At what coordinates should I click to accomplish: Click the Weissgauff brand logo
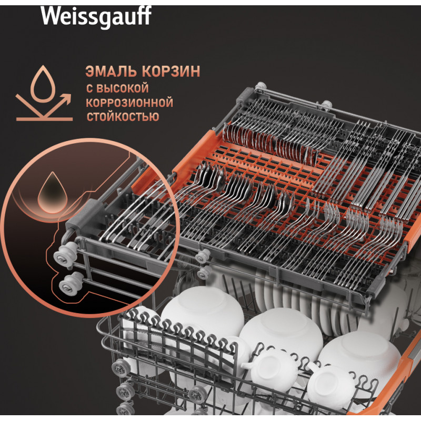point(96,16)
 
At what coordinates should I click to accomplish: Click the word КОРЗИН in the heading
point(171,72)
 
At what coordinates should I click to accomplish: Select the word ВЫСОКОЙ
point(122,88)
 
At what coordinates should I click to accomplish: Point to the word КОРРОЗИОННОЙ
point(129,103)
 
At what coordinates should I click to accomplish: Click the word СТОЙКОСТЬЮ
point(123,117)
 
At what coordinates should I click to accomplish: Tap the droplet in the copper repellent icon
point(43,84)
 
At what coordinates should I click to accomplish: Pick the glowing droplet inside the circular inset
point(52,193)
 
